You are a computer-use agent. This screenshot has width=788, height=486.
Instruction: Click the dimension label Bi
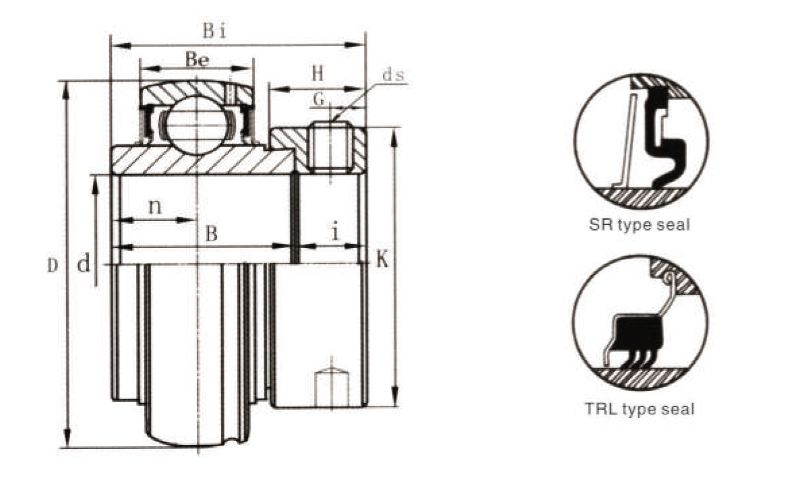click(x=214, y=30)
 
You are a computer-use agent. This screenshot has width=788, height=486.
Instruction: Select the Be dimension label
click(x=197, y=59)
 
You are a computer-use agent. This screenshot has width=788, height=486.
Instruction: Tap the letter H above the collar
click(x=317, y=73)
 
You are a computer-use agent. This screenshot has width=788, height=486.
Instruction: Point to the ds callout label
click(x=393, y=75)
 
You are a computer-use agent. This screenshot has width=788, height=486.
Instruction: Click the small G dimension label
click(x=319, y=99)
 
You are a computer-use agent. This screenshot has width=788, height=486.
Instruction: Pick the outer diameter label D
click(x=53, y=266)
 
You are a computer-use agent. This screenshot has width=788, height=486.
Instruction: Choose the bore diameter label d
click(x=84, y=264)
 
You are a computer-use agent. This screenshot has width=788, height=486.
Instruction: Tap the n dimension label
click(x=155, y=206)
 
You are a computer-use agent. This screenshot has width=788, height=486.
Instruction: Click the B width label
click(x=212, y=234)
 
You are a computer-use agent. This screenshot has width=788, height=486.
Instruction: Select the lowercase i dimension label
click(x=335, y=231)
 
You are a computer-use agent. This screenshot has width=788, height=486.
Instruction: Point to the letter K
click(x=382, y=260)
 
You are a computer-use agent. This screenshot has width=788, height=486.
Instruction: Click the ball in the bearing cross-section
click(x=197, y=125)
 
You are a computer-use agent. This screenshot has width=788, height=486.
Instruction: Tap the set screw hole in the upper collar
click(x=330, y=147)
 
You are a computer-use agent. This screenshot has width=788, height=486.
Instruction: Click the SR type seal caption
click(x=639, y=224)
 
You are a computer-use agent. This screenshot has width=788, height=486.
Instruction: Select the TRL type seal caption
click(x=639, y=408)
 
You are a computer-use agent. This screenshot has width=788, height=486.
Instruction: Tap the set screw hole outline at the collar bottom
click(x=331, y=389)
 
